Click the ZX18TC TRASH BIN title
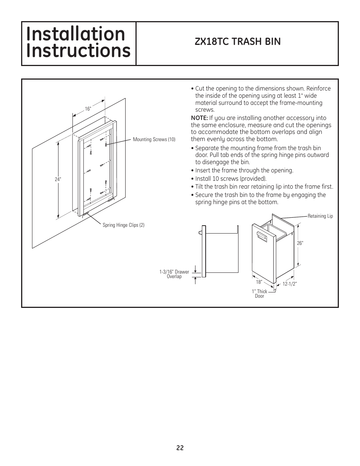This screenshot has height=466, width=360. point(237,42)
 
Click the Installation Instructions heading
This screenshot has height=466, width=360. point(78,43)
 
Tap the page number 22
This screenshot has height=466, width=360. point(180,448)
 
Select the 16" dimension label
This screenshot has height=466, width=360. point(88,109)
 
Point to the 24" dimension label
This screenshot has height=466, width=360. point(58,180)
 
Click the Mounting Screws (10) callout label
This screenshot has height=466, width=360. point(154,140)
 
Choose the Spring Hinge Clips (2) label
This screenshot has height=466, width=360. point(123,225)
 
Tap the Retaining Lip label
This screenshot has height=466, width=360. point(320,216)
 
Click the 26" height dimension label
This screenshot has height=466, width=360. point(300,243)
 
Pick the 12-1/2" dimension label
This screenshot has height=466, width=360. point(290,284)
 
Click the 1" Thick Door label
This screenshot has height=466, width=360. point(260,294)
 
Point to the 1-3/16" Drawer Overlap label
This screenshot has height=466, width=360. point(174,274)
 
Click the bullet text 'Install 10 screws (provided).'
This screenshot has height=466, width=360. point(231,178)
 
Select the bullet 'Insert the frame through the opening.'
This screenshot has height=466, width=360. point(244,171)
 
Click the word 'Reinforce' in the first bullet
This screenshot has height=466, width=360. point(318,89)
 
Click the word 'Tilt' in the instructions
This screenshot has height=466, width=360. point(201,187)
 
